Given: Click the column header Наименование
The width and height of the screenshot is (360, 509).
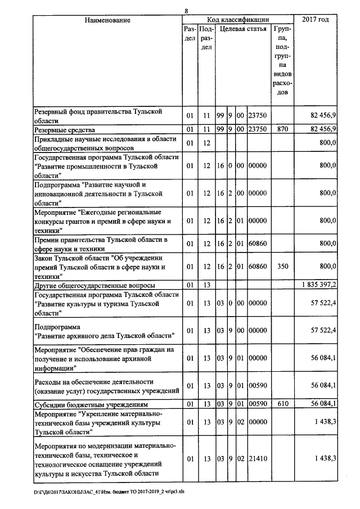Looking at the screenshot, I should tap(107, 20).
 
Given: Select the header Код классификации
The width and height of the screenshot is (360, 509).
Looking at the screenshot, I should tap(237, 20).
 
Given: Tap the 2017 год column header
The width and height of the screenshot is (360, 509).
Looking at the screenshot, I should tap(316, 20).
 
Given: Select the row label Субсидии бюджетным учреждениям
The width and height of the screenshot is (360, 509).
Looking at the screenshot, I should tap(91, 404).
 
